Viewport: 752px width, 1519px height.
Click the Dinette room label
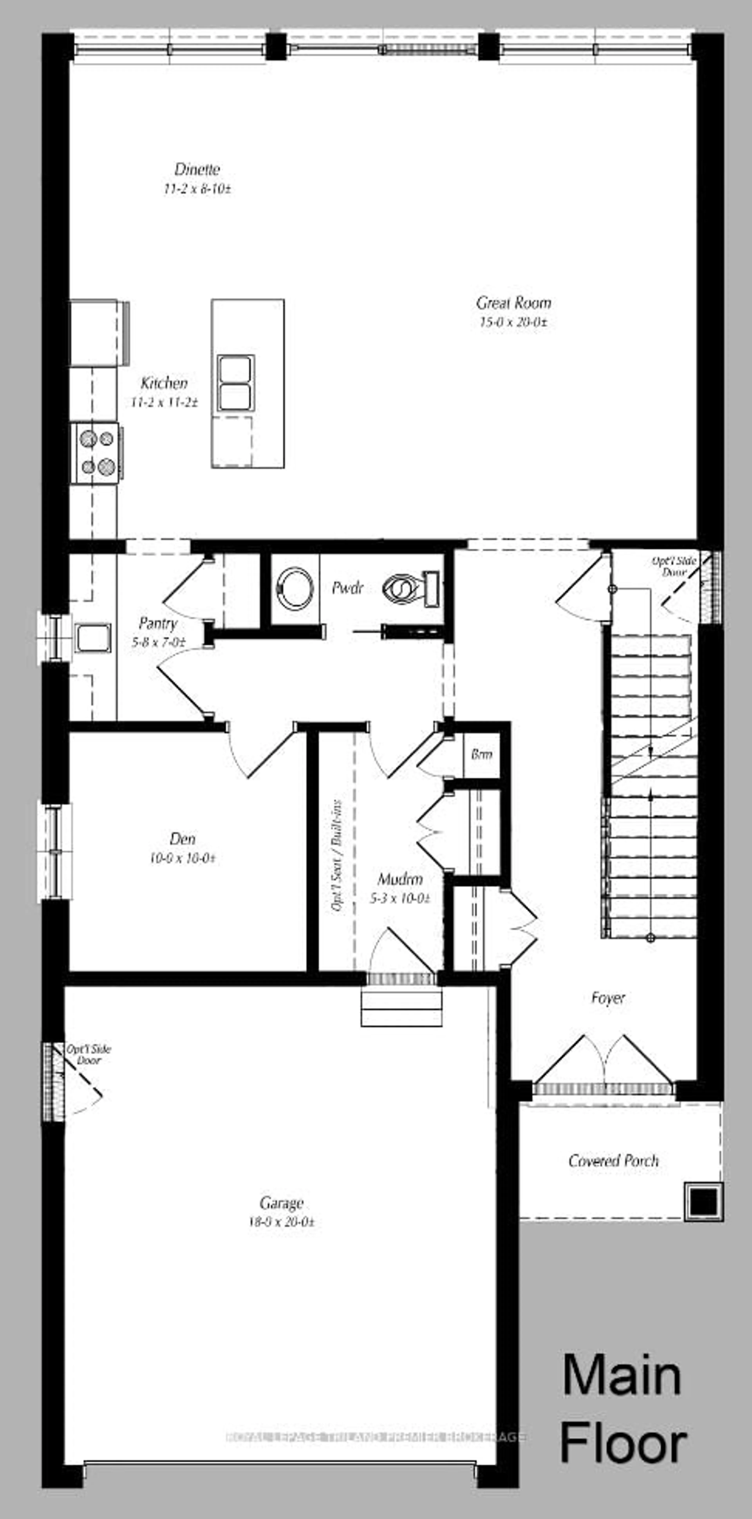click(197, 169)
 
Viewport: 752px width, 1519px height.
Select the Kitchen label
click(164, 383)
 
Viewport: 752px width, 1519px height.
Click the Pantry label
click(158, 623)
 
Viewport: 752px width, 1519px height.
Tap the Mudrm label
click(400, 879)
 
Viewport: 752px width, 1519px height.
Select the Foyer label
click(608, 998)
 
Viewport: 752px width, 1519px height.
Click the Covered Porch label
click(613, 1161)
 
